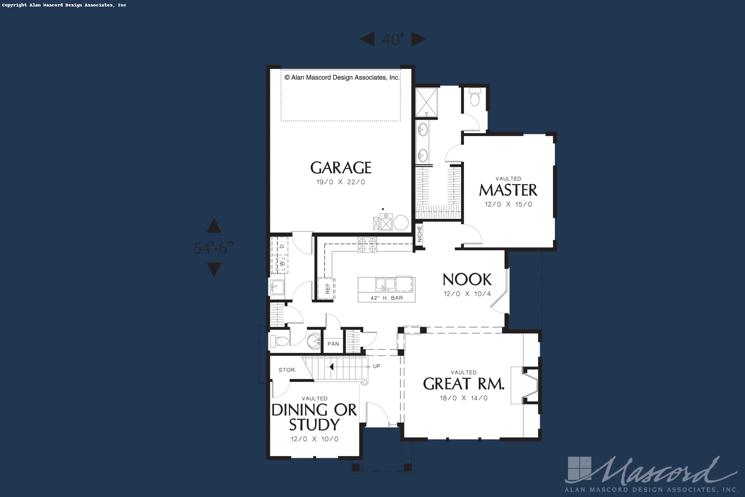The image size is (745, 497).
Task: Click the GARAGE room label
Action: [341, 168]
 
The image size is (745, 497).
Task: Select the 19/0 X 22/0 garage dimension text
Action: [341, 182]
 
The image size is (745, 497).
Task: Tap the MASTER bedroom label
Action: [508, 190]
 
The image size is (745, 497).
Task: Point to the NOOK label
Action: [467, 279]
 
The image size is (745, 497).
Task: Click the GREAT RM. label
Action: [464, 384]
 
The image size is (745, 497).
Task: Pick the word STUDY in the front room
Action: [314, 424]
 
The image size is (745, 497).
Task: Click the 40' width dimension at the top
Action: [393, 40]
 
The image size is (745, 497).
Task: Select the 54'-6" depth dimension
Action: [213, 248]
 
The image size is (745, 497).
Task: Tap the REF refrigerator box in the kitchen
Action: [327, 289]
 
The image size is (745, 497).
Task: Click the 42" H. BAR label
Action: [387, 298]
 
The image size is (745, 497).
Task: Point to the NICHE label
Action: [419, 234]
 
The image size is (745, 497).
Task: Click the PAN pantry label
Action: [333, 344]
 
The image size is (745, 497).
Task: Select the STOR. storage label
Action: [287, 370]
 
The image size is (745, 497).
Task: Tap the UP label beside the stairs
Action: [377, 366]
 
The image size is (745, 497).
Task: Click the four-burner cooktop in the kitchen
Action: [367, 245]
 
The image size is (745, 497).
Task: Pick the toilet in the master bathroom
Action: [475, 98]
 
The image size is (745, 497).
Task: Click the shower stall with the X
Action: [426, 102]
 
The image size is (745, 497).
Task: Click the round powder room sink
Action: [314, 341]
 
